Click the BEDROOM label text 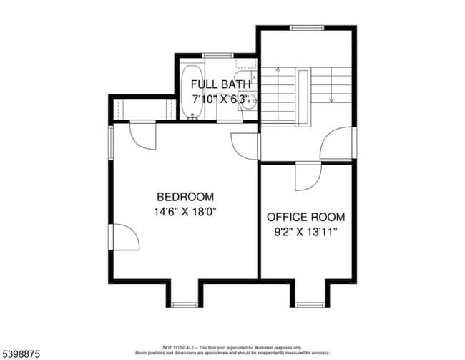185,197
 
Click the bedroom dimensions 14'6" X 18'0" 185,211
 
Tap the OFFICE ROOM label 305,217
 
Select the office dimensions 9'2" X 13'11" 305,232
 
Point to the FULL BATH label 220,85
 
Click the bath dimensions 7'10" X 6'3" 220,99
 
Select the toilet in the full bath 247,77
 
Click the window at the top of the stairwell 303,27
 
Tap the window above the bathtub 214,54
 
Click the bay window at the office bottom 309,304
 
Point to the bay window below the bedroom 184,304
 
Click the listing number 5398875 21,352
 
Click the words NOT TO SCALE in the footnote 176,346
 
